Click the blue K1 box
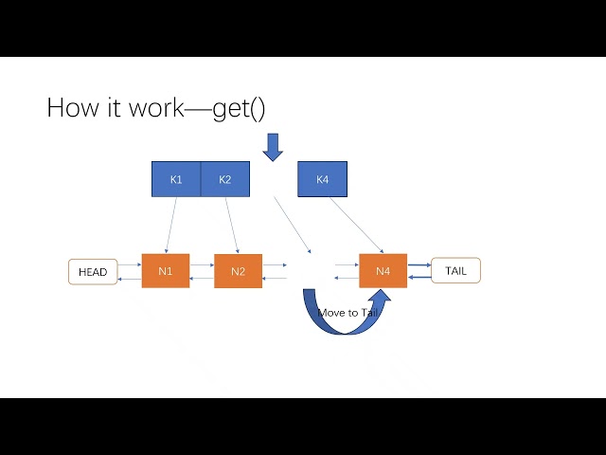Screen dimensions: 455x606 pyautogui.click(x=176, y=179)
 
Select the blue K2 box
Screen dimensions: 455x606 pyautogui.click(x=225, y=179)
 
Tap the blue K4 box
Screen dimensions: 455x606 pyautogui.click(x=322, y=179)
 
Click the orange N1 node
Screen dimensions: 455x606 pyautogui.click(x=166, y=271)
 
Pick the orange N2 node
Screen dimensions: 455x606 pyautogui.click(x=238, y=271)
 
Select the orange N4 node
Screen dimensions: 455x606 pyautogui.click(x=383, y=271)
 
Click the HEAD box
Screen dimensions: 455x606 pyautogui.click(x=93, y=272)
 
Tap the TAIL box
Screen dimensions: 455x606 pyautogui.click(x=455, y=271)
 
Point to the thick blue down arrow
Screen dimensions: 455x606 pyautogui.click(x=273, y=146)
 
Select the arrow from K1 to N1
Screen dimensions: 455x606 pyautogui.click(x=169, y=225)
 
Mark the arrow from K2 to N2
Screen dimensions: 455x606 pyautogui.click(x=232, y=225)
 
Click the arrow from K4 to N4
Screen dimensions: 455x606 pyautogui.click(x=357, y=225)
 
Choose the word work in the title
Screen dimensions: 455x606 pyautogui.click(x=151, y=108)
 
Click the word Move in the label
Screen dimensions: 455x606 pyautogui.click(x=331, y=312)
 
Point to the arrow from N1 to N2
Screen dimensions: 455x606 pyautogui.click(x=202, y=265)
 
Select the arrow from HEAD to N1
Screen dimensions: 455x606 pyautogui.click(x=130, y=265)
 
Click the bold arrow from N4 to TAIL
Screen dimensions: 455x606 pyautogui.click(x=419, y=265)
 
